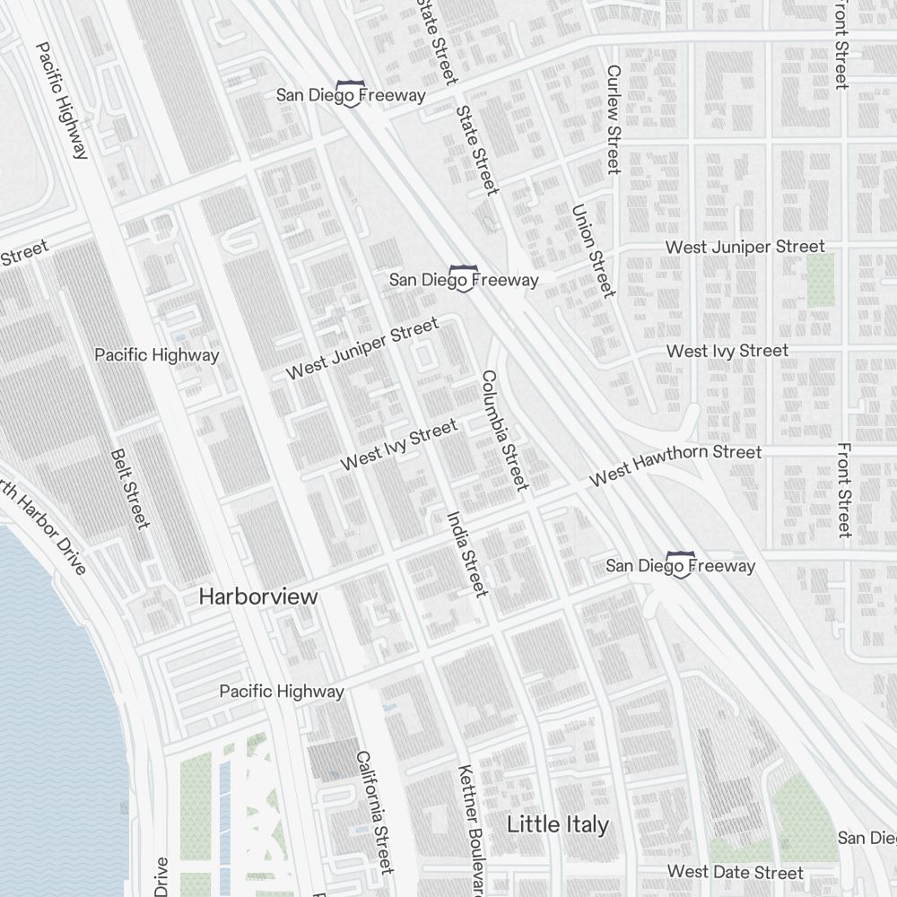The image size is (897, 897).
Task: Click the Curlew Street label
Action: click(x=614, y=119)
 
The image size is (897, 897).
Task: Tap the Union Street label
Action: click(x=593, y=250)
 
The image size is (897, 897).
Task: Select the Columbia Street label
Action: click(x=503, y=430)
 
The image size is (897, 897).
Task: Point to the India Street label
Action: click(x=467, y=553)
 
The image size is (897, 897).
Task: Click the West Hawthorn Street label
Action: click(x=675, y=466)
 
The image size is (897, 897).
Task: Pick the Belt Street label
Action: click(x=129, y=489)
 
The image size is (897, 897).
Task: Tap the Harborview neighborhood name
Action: click(x=258, y=597)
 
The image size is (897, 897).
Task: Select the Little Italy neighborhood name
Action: click(x=558, y=824)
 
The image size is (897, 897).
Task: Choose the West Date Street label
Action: click(x=736, y=872)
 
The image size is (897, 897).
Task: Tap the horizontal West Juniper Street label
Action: click(x=745, y=247)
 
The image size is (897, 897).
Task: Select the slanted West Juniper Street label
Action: click(x=362, y=348)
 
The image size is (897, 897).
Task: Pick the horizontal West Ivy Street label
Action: click(x=727, y=351)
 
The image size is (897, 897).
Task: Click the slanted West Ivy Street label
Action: click(x=399, y=446)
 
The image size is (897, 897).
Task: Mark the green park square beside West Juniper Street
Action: click(x=821, y=279)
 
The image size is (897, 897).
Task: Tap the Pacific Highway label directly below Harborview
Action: click(x=282, y=692)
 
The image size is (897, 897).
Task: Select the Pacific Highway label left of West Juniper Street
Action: click(x=157, y=355)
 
